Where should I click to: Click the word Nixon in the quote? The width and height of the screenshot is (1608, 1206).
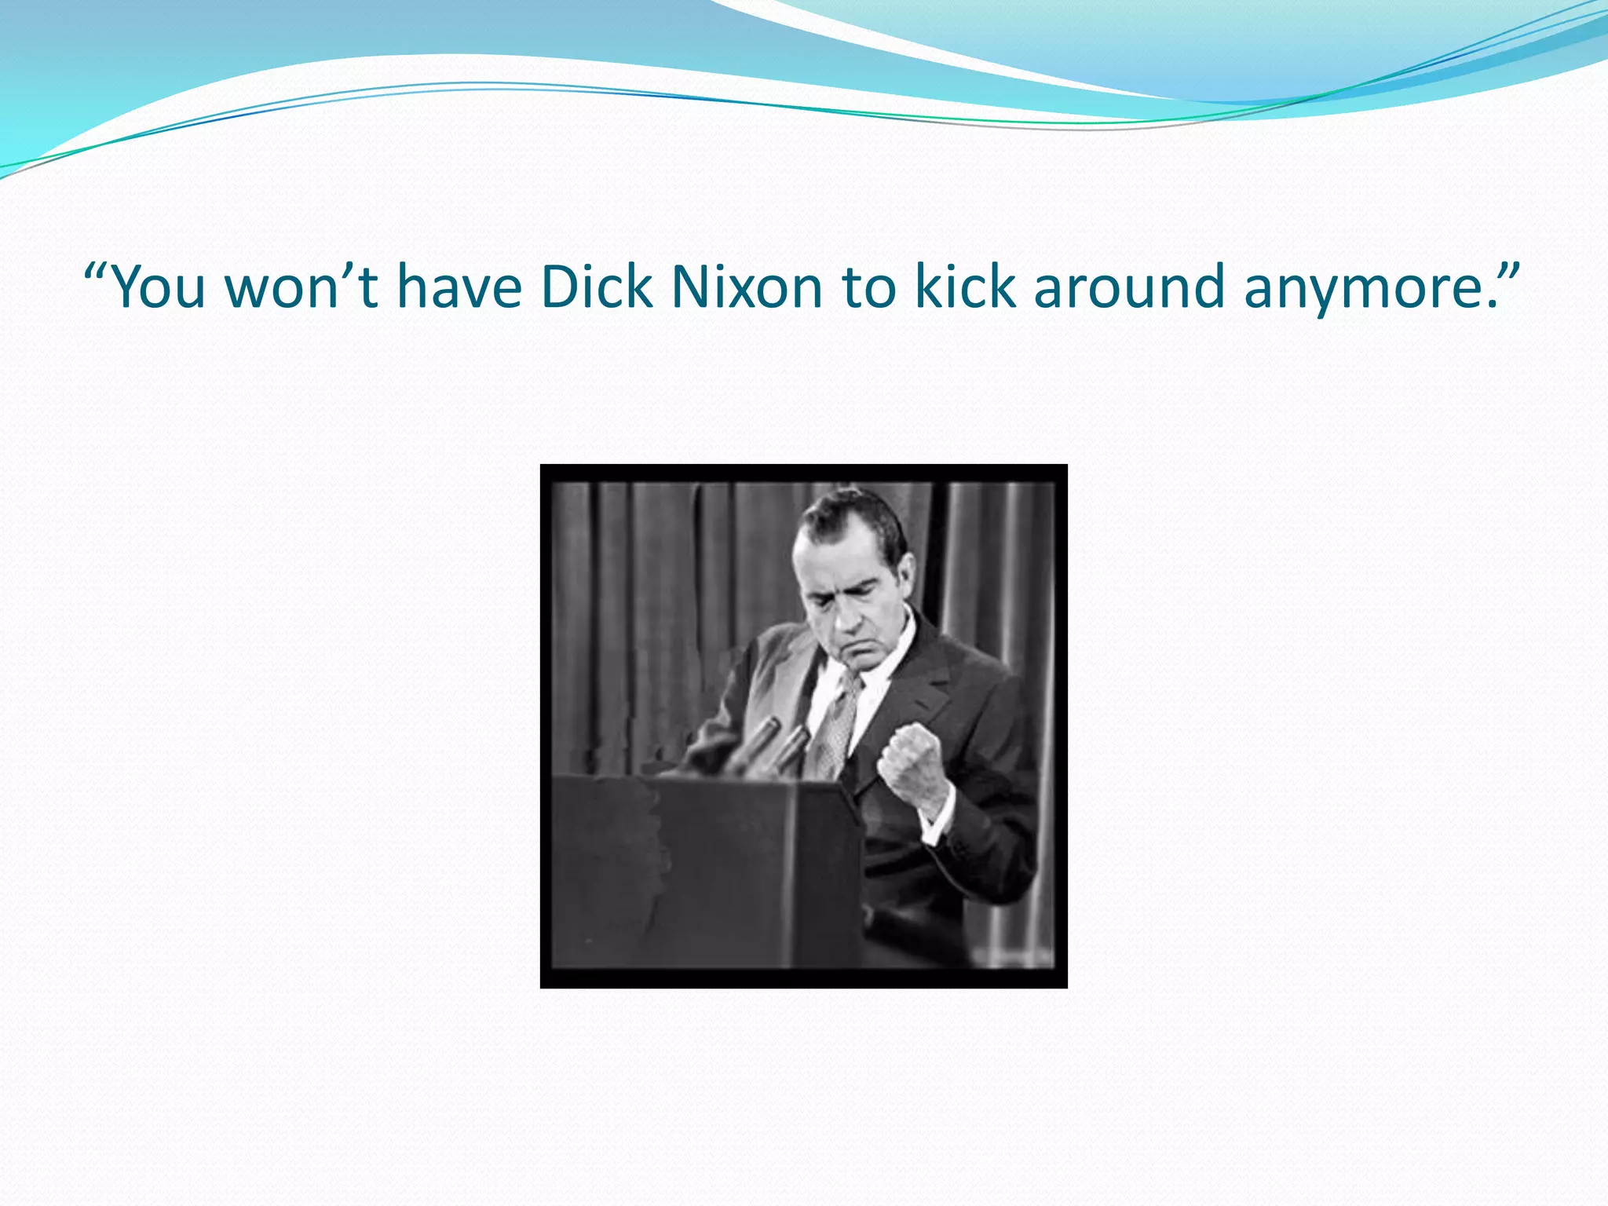pos(746,287)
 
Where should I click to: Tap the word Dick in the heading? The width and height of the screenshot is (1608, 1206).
pos(596,287)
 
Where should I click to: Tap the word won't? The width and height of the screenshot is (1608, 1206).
pos(301,287)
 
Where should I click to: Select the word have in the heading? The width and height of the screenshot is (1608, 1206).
pos(459,287)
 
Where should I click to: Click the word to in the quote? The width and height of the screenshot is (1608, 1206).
pos(868,288)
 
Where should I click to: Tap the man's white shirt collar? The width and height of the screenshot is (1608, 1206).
pos(895,652)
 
